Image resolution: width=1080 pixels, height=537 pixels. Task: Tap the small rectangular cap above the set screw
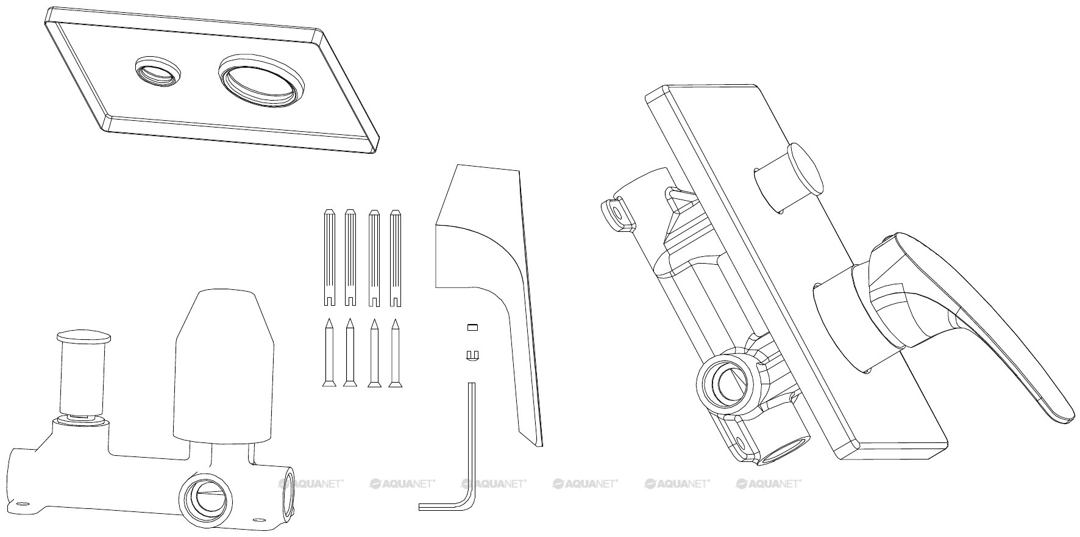tap(471, 327)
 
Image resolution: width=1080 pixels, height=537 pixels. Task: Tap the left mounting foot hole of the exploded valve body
tap(23, 505)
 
